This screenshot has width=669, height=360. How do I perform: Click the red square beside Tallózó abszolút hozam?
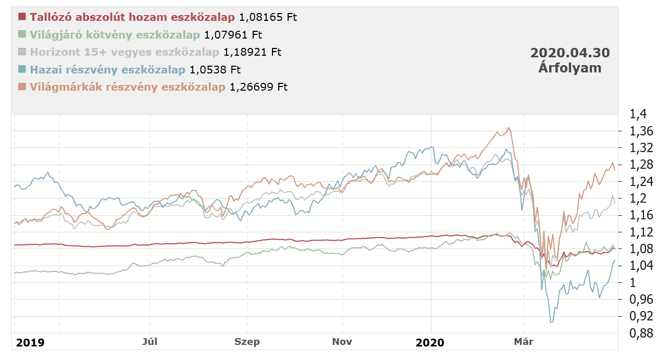[21, 17]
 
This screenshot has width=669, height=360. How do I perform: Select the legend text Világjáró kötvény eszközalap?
[115, 35]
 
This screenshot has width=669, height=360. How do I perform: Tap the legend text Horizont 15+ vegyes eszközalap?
[125, 52]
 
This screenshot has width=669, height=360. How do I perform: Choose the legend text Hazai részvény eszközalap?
[108, 69]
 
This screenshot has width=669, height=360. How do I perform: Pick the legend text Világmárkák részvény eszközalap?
[128, 86]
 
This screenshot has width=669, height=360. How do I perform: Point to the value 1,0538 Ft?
[215, 69]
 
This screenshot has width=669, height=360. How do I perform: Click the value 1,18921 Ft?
[252, 52]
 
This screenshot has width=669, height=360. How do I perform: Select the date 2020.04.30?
[570, 53]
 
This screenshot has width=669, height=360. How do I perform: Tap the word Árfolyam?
[570, 68]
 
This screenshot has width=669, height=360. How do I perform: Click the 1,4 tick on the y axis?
[631, 114]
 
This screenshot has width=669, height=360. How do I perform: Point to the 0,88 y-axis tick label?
[635, 333]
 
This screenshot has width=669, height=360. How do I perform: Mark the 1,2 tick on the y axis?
[631, 198]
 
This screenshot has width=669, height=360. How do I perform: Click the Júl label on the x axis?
[150, 342]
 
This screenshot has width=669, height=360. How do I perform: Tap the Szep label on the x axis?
[247, 342]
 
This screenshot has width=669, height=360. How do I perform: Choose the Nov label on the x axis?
[342, 342]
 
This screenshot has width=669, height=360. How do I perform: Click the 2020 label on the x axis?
[430, 342]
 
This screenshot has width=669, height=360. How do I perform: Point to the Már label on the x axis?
[523, 342]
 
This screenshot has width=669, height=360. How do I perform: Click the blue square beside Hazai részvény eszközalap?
[21, 69]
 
